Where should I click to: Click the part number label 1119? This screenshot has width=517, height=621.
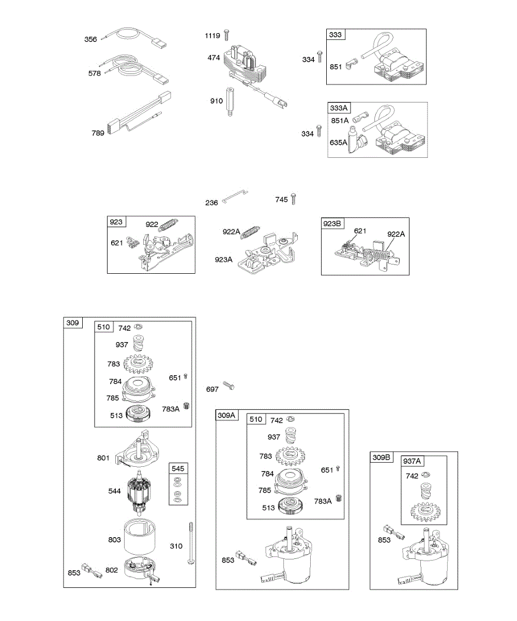(212, 36)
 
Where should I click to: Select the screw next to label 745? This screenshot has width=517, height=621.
(294, 198)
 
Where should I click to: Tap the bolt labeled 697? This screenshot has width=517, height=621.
(229, 386)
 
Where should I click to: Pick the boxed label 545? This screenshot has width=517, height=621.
(178, 468)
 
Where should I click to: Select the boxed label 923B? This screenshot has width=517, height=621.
(332, 224)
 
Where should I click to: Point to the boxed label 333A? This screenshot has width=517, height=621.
(340, 108)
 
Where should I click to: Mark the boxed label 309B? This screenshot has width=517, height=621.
(382, 457)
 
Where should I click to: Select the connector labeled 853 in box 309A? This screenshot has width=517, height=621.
(245, 559)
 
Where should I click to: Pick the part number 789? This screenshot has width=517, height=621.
(98, 133)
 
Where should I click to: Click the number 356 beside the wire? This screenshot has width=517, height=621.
(91, 39)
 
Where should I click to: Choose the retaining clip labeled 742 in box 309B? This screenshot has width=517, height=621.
(428, 475)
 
